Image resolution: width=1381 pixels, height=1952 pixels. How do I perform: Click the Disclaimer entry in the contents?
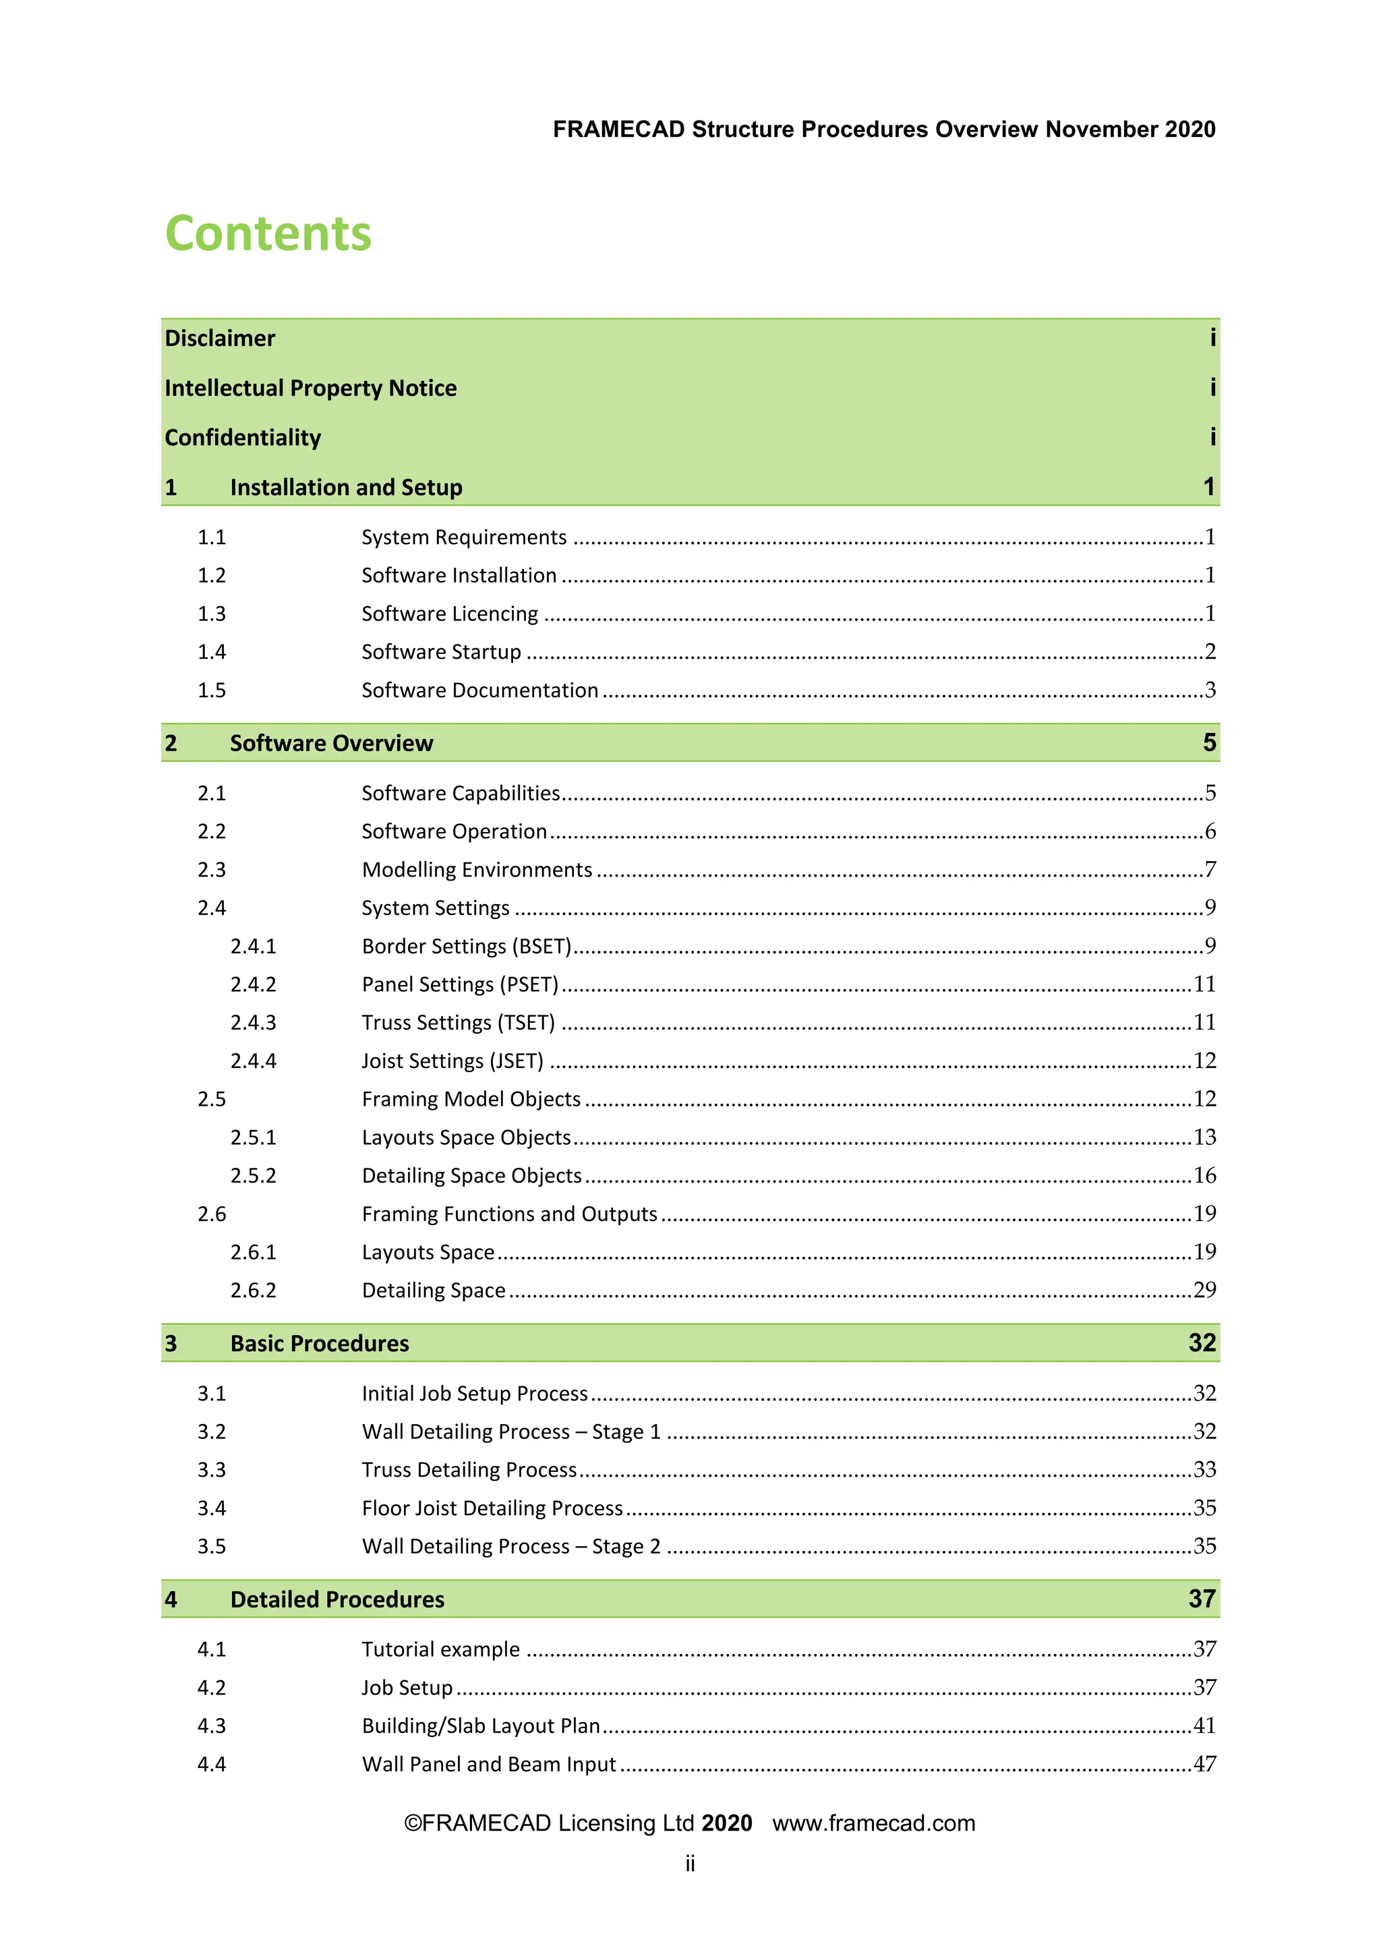(x=221, y=338)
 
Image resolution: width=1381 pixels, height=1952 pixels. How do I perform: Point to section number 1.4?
(x=212, y=652)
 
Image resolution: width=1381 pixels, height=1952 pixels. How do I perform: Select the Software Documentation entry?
(x=479, y=690)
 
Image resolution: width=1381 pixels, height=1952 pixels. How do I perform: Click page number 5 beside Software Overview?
(x=1209, y=742)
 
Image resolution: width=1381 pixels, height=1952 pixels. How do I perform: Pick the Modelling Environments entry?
(x=476, y=870)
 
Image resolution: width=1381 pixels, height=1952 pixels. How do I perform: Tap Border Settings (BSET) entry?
(x=466, y=946)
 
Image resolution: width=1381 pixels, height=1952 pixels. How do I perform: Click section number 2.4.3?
(x=254, y=1023)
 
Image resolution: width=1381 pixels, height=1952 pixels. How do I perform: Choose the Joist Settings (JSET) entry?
(x=452, y=1061)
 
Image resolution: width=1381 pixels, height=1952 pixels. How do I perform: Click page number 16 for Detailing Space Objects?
(x=1204, y=1175)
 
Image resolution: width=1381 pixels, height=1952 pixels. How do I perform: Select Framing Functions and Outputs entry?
(x=509, y=1214)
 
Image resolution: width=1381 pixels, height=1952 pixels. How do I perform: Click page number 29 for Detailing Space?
(x=1204, y=1290)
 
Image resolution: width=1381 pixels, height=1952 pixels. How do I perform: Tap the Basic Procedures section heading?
(x=319, y=1343)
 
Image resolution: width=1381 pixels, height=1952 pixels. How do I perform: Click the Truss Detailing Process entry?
(x=469, y=1470)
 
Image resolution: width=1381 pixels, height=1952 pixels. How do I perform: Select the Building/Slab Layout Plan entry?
(x=481, y=1726)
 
